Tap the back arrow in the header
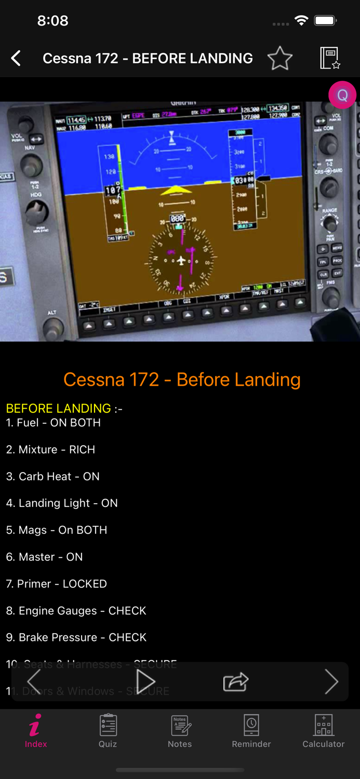tap(16, 58)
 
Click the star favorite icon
tap(280, 58)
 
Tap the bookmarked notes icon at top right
tap(330, 58)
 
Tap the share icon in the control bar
tap(236, 682)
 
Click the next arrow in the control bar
tap(331, 682)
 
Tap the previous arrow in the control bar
tap(34, 682)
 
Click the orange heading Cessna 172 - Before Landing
tap(182, 380)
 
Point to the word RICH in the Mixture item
tap(82, 450)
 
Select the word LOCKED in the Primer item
tap(85, 584)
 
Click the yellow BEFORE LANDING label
tap(58, 409)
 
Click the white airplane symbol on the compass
tap(181, 260)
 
